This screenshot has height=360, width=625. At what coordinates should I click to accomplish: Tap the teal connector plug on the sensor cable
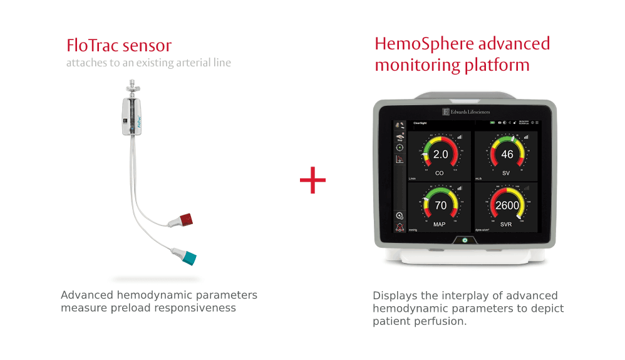[x=187, y=255]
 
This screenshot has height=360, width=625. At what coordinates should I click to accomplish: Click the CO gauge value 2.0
[x=440, y=154]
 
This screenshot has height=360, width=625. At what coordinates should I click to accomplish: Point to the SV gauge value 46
[x=507, y=154]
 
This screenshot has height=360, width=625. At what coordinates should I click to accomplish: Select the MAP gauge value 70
[x=440, y=205]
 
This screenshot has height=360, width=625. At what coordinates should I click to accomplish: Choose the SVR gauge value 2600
[x=507, y=205]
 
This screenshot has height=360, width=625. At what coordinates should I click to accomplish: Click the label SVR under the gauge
[x=507, y=224]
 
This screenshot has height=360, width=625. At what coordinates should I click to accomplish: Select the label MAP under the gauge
[x=440, y=224]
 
